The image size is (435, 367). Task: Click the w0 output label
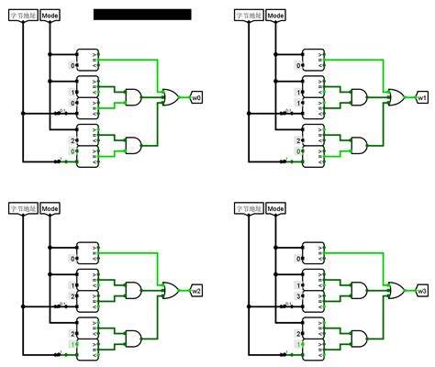pyautogui.click(x=196, y=96)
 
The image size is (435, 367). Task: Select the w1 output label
pyautogui.click(x=421, y=96)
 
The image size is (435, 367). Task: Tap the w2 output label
pyautogui.click(x=196, y=291)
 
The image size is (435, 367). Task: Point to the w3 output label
pyautogui.click(x=421, y=291)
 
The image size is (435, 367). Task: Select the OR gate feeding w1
pyautogui.click(x=396, y=96)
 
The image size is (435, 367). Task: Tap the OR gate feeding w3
pyautogui.click(x=396, y=291)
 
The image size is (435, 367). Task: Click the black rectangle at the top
pyautogui.click(x=142, y=14)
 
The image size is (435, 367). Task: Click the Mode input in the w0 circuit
pyautogui.click(x=50, y=16)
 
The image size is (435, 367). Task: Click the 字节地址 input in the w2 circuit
pyautogui.click(x=22, y=210)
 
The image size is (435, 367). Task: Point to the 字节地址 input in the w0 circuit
pyautogui.click(x=22, y=16)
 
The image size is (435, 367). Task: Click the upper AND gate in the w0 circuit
pyautogui.click(x=132, y=97)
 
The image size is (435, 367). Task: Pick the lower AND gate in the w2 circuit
pyautogui.click(x=132, y=339)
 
